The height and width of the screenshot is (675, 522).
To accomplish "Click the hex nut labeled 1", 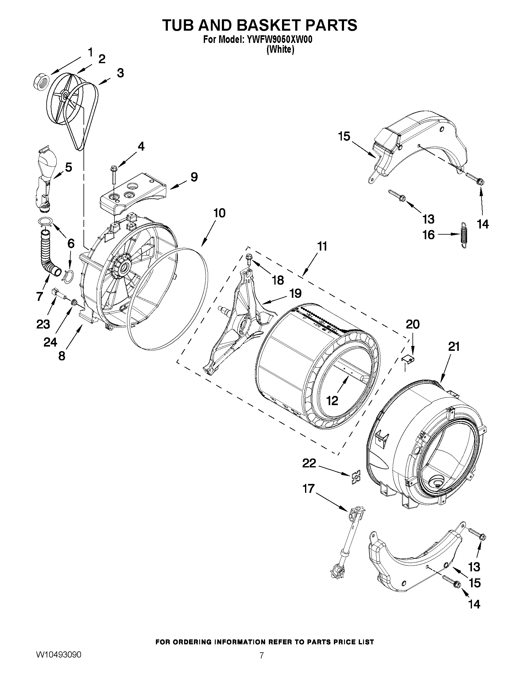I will [x=40, y=82].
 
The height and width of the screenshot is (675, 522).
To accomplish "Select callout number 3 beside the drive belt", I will [x=120, y=73].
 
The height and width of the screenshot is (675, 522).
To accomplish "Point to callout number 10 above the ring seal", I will [x=219, y=213].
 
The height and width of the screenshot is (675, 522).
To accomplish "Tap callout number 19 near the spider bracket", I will [x=296, y=293].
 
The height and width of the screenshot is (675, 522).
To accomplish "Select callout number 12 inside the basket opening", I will [x=332, y=401].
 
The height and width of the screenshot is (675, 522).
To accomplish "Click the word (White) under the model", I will [x=280, y=49].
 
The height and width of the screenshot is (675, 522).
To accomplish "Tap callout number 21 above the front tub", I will [x=454, y=347].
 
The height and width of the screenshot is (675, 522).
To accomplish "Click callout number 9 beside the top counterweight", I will [x=194, y=177].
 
